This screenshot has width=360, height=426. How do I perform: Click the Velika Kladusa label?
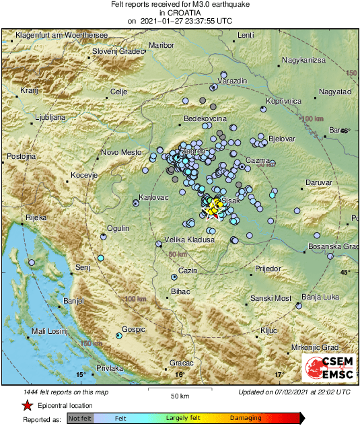(x=190, y=240)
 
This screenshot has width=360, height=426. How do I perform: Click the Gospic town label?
(x=134, y=330)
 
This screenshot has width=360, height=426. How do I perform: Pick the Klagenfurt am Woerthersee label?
(x=53, y=34)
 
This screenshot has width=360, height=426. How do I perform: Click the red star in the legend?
(x=27, y=406)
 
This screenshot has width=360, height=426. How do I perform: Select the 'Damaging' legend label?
(x=246, y=418)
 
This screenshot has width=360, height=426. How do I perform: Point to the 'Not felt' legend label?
(x=80, y=418)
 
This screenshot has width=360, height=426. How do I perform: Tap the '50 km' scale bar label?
(x=179, y=394)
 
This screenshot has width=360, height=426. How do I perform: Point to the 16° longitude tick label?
(x=179, y=375)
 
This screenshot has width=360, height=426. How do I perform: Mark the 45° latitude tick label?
(x=345, y=272)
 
